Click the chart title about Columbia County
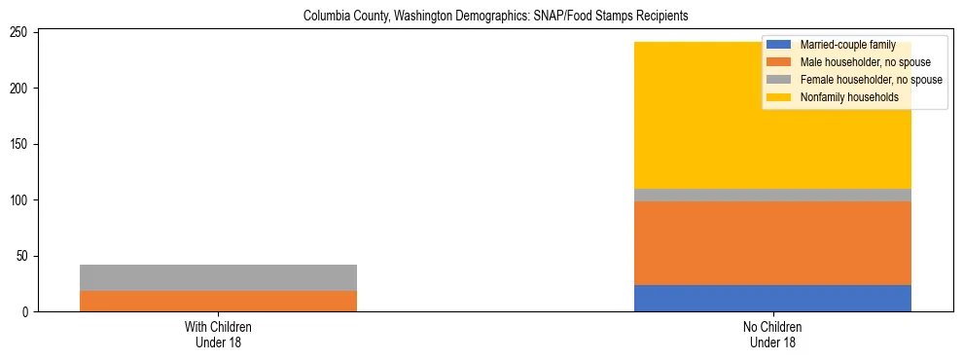[481, 17]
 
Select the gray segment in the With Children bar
[218, 277]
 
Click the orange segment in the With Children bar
[218, 301]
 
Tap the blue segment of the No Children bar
[772, 298]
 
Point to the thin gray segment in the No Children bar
[772, 195]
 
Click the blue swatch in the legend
[779, 45]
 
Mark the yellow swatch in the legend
[779, 97]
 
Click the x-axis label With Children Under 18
[218, 335]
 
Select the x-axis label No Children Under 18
[772, 335]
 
